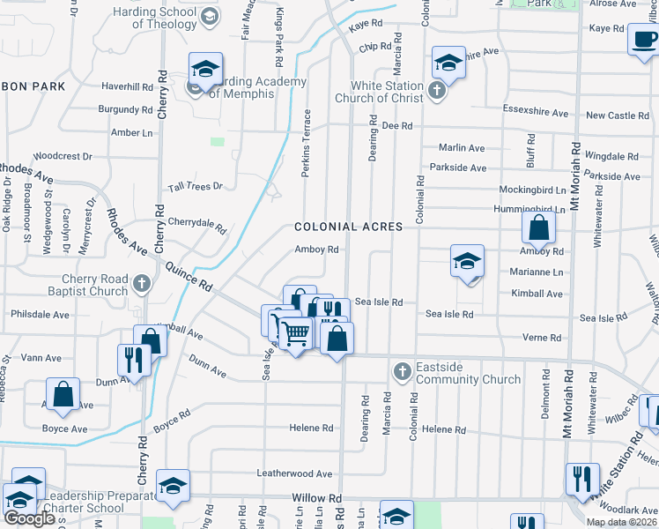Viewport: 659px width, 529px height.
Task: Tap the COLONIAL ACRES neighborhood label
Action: (349, 227)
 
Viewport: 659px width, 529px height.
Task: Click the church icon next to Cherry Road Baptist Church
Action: (143, 284)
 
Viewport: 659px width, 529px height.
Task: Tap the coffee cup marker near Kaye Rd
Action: (642, 40)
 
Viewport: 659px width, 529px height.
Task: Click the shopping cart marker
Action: (295, 333)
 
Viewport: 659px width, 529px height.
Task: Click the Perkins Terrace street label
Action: (307, 143)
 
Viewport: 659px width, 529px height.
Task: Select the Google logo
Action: (29, 518)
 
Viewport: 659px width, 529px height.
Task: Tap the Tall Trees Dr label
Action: (196, 187)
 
